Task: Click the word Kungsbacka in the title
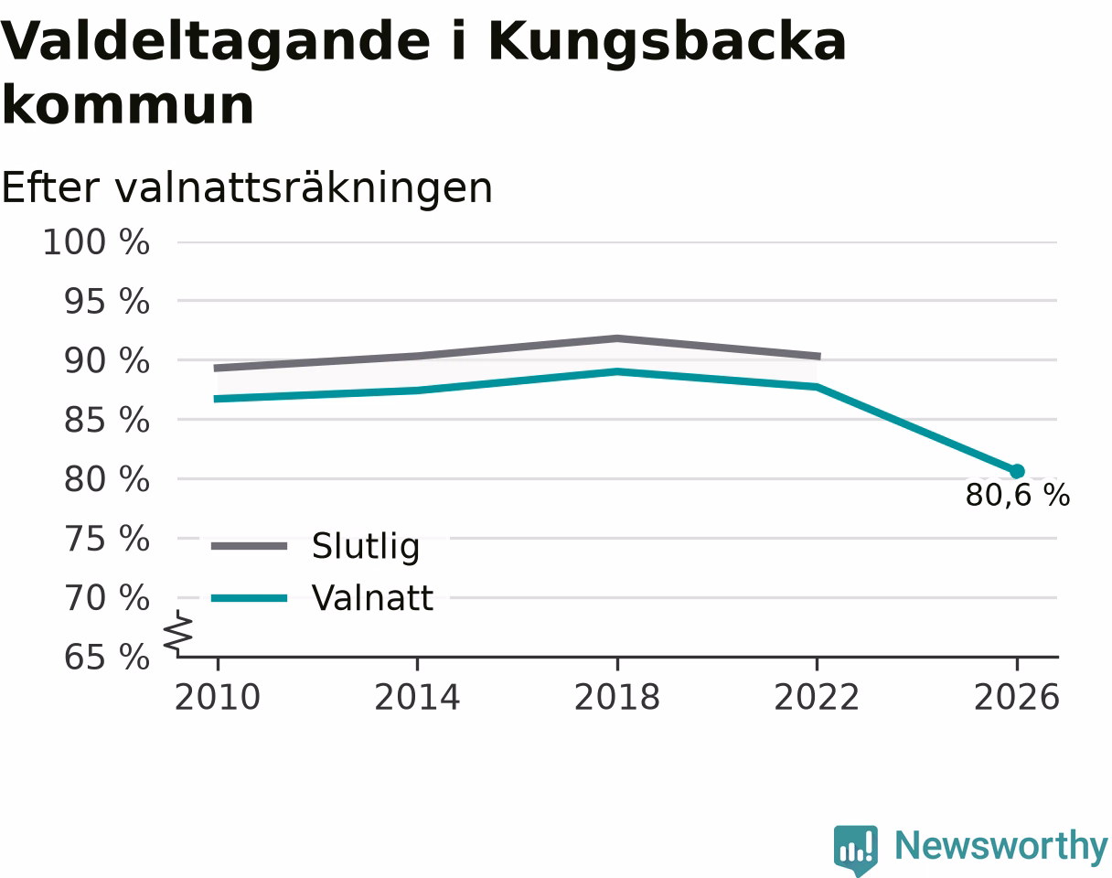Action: point(667,43)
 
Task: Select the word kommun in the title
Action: point(128,105)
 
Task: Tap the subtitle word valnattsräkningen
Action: point(304,189)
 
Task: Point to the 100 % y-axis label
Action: point(96,242)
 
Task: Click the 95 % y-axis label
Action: point(107,301)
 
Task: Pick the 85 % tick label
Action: point(107,420)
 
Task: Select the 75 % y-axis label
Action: point(107,539)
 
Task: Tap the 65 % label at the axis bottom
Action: point(107,658)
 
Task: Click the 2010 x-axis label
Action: point(218,698)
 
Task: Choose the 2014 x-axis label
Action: point(417,698)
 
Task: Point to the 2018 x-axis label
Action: point(617,698)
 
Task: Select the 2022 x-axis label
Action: point(817,698)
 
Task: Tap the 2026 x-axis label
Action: point(1016,698)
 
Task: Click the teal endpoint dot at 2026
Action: point(1017,471)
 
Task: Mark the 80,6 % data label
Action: point(1018,495)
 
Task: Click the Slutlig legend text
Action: point(365,547)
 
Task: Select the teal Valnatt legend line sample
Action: point(249,598)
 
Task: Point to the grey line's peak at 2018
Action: point(617,338)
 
